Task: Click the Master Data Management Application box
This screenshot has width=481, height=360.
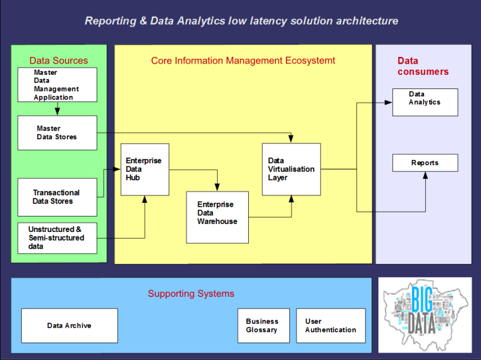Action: [x=57, y=85]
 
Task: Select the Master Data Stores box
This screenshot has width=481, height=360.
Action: [x=57, y=132]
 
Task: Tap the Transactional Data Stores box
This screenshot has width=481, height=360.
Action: [x=57, y=197]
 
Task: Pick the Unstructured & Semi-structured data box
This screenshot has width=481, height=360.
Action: [x=57, y=238]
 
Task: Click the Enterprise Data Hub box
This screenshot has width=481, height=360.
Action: [x=145, y=169]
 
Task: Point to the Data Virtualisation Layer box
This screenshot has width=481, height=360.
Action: [x=291, y=169]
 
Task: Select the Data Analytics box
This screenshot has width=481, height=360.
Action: [x=425, y=102]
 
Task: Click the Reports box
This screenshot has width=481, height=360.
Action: [x=425, y=163]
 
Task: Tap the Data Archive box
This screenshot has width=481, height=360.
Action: [x=69, y=325]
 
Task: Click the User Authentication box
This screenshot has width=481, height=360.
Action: [x=331, y=325]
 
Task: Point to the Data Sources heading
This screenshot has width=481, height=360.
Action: [x=59, y=61]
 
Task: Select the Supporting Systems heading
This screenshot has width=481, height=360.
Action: [x=191, y=294]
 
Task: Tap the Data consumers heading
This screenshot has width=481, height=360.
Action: [x=422, y=66]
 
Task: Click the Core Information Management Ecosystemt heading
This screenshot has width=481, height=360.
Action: [x=243, y=61]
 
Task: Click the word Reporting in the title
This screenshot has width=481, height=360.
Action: [x=108, y=21]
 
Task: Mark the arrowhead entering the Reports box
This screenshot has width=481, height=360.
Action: [x=425, y=175]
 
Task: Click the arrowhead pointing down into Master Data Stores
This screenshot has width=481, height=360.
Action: [x=57, y=112]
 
